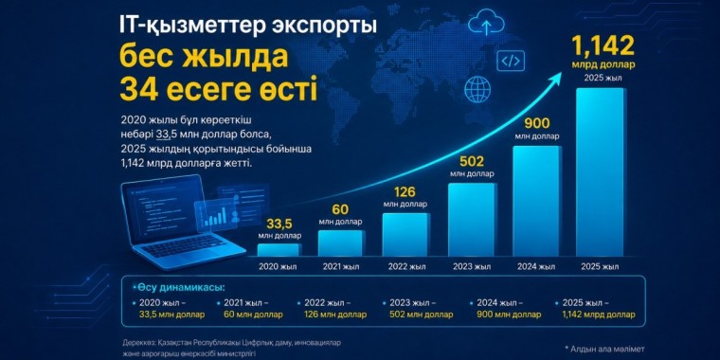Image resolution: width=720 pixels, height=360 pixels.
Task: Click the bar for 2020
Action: point(279,250)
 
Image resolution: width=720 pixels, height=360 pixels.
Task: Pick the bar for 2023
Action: point(472,220)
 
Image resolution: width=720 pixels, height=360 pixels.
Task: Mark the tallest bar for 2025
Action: point(600,172)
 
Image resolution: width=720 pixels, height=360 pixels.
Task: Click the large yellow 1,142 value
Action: point(603,45)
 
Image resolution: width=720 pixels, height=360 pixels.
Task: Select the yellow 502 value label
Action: point(472,162)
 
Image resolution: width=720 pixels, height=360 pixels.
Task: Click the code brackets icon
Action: point(510,60)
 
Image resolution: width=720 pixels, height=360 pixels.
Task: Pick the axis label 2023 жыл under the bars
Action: point(471,266)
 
